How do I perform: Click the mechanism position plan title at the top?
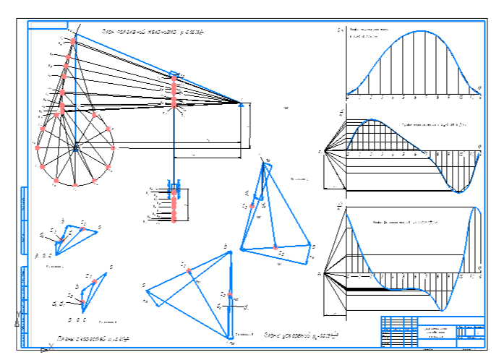point(153,32)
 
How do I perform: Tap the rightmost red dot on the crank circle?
point(115,147)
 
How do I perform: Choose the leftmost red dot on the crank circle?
point(37,147)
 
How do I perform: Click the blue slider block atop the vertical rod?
point(174,74)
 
